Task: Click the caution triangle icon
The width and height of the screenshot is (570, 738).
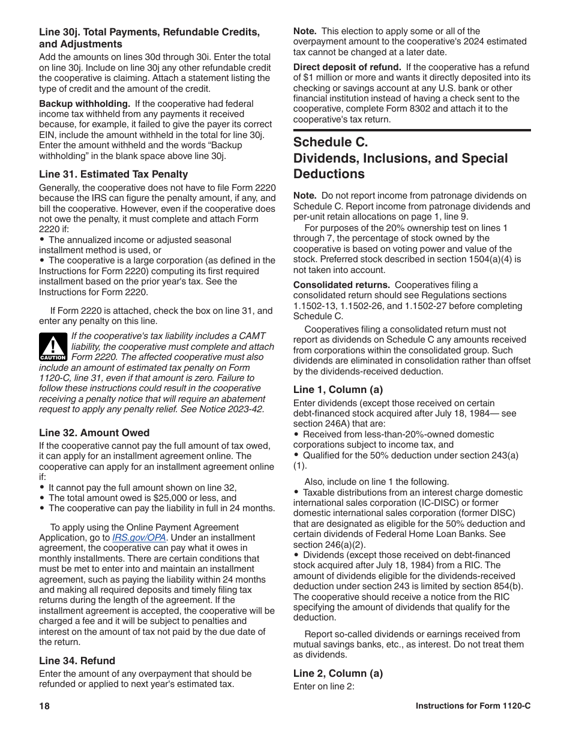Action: point(53,347)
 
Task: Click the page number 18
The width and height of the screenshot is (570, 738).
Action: point(44,706)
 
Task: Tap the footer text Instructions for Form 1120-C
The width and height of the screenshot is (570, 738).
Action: point(473,706)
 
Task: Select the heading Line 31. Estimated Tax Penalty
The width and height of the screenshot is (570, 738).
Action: point(113,174)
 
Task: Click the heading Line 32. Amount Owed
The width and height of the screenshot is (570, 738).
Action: point(94,433)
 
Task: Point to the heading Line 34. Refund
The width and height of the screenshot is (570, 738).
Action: point(77,661)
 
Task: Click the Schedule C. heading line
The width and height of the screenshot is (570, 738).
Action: point(331,142)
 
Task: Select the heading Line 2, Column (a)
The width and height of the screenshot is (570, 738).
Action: point(338,673)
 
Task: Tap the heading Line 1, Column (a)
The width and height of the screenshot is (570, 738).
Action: point(338,389)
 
